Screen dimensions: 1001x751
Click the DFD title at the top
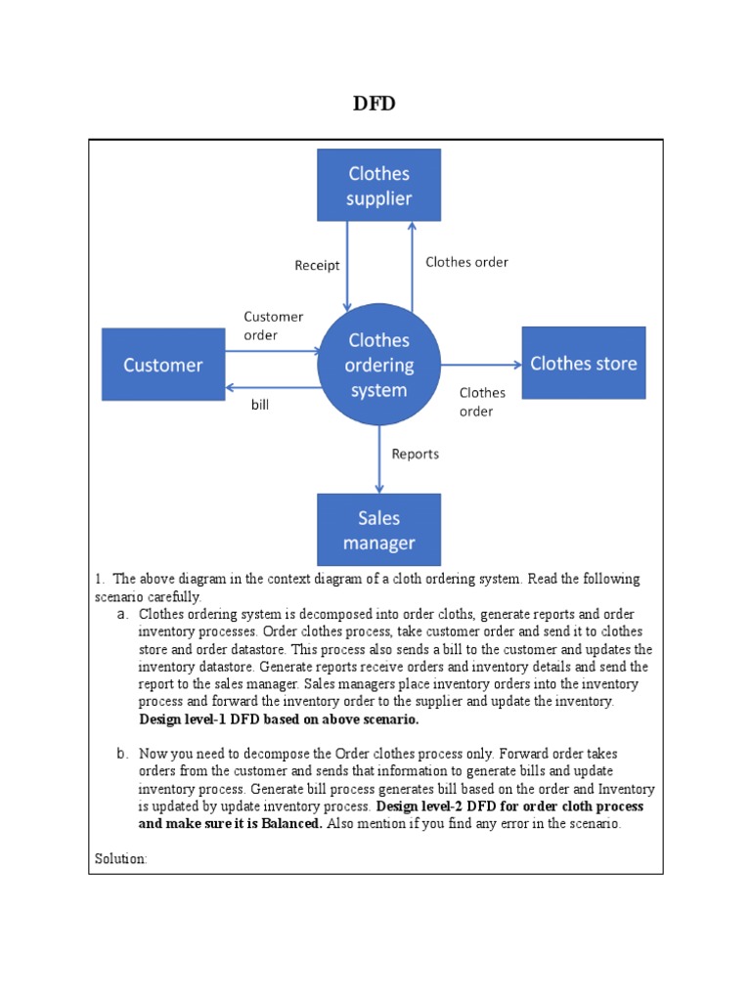tap(375, 104)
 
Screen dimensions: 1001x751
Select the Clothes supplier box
tap(378, 186)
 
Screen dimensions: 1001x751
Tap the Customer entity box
tap(163, 365)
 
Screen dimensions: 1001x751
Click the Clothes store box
tap(583, 364)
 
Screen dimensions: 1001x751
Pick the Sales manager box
tap(378, 530)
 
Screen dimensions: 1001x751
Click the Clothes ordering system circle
tap(378, 365)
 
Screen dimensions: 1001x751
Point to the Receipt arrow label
tap(317, 266)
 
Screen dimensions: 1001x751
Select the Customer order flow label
tap(273, 326)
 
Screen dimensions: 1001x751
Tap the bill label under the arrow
tap(259, 405)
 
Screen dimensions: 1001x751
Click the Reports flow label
tap(415, 454)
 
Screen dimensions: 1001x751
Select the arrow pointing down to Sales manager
tap(379, 459)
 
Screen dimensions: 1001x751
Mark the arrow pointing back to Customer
tap(273, 387)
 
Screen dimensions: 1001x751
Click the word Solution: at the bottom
tap(121, 858)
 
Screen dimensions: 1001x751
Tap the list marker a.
tap(122, 615)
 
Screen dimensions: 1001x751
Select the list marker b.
tap(122, 754)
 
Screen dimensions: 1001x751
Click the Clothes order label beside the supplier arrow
tap(466, 262)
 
